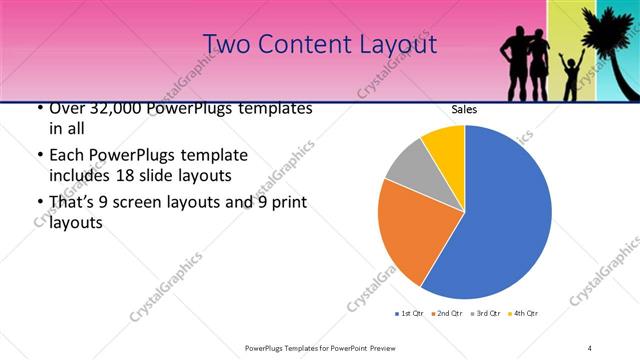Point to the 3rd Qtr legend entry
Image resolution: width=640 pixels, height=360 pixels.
click(x=484, y=314)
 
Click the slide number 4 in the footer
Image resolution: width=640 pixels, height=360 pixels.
click(x=590, y=347)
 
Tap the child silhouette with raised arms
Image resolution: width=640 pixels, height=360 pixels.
click(x=572, y=75)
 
